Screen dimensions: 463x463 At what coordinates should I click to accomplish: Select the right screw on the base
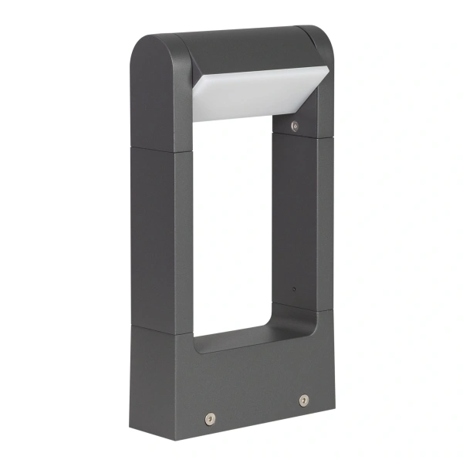click(303, 400)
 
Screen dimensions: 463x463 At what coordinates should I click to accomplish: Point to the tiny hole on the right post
click(293, 289)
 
